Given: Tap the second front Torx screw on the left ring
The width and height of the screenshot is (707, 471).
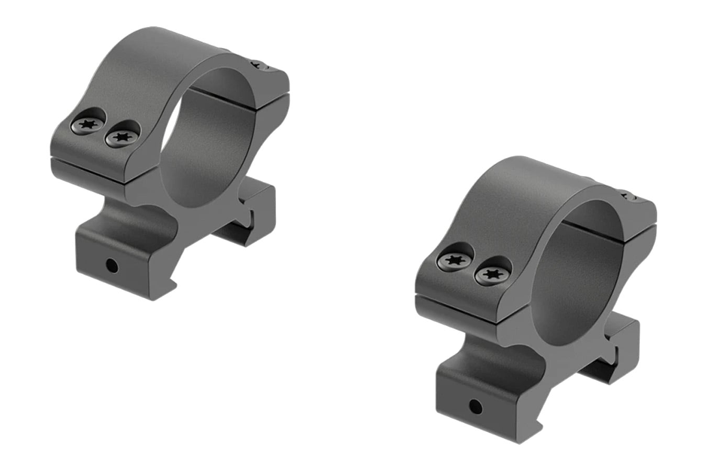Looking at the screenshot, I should coord(123,138).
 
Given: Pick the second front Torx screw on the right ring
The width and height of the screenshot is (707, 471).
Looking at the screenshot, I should coord(491,274).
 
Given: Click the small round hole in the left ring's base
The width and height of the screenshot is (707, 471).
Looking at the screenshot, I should coord(111,265).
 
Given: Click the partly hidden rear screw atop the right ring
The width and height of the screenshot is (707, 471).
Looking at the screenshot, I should coord(628,197).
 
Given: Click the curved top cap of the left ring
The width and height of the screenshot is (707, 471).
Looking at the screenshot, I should coord(157,58).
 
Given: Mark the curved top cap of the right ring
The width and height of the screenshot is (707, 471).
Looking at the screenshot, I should coord(529,188).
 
